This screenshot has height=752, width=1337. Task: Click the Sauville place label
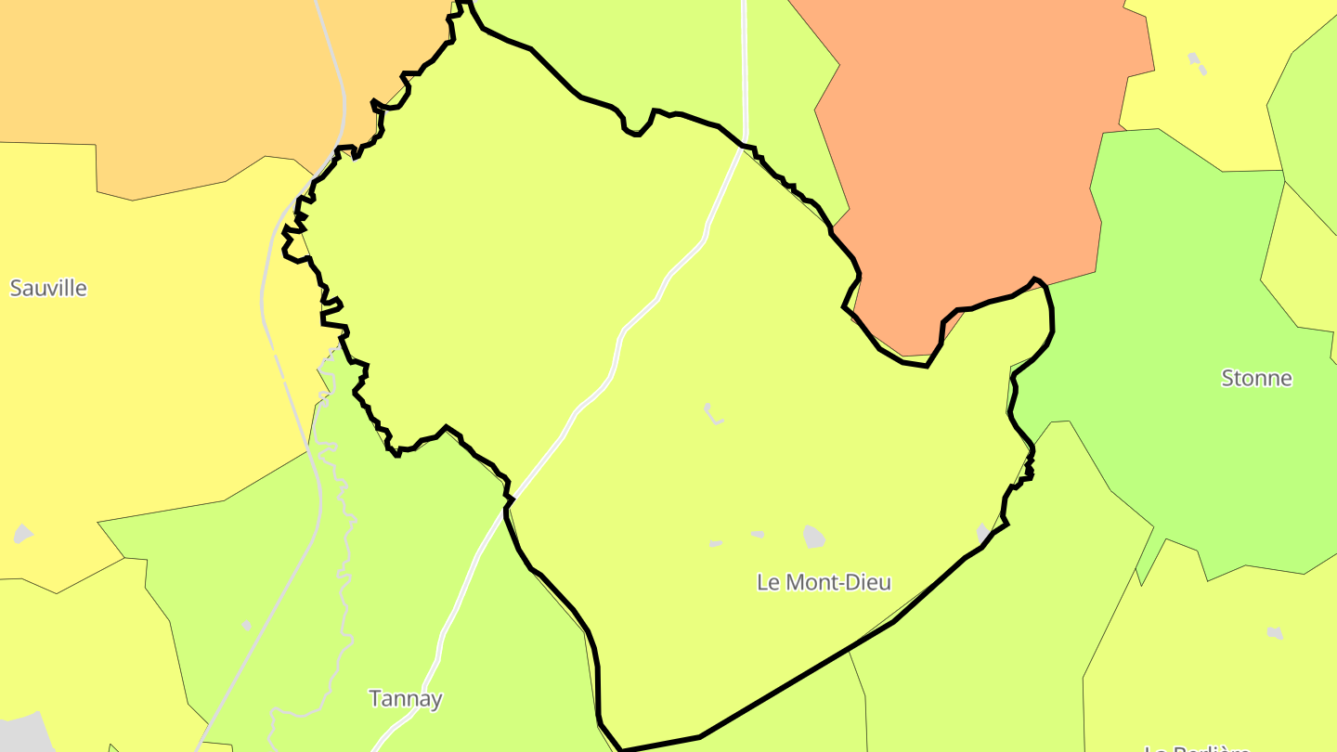tap(48, 288)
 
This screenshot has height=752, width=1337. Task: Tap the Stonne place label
tap(1256, 378)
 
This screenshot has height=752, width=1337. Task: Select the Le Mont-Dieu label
tap(824, 582)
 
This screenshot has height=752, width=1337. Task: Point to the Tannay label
tap(405, 698)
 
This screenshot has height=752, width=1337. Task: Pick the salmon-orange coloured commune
tap(966, 167)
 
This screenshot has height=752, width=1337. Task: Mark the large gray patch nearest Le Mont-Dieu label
tap(814, 536)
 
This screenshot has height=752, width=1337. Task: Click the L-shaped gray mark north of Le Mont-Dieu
tap(712, 414)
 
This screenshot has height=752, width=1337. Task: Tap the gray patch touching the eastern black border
tap(983, 533)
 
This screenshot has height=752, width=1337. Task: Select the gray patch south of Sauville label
tap(23, 534)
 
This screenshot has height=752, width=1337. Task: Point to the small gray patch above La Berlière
tap(1276, 633)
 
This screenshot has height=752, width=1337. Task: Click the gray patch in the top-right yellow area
tap(1198, 63)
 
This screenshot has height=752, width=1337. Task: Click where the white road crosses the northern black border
tap(743, 144)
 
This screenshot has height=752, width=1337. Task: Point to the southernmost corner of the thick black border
tap(620, 749)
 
